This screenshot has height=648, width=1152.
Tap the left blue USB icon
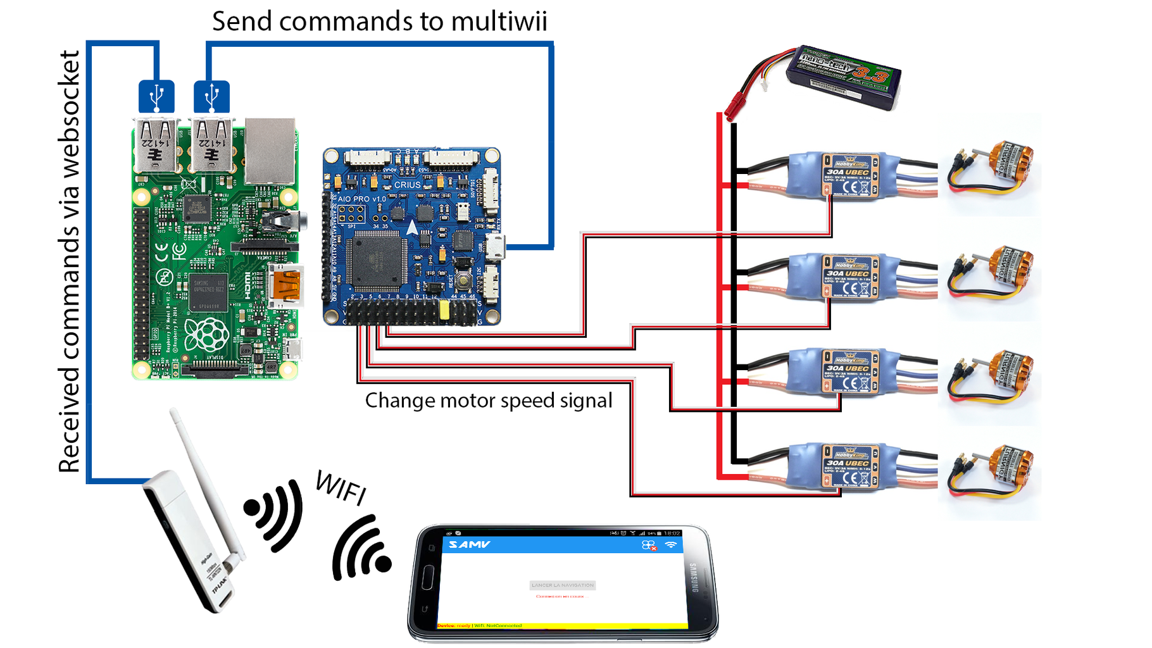point(156,97)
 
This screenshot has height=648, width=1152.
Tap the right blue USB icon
point(211,97)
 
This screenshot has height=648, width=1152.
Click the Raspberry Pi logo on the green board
point(206,333)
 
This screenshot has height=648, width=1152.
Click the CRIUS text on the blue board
point(407,185)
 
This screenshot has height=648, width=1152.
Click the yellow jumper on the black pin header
point(444,309)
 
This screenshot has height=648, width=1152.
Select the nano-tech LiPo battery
point(843,77)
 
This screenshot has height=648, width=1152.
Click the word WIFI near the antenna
point(341,487)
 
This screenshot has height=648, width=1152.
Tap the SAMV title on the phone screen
point(469,544)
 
